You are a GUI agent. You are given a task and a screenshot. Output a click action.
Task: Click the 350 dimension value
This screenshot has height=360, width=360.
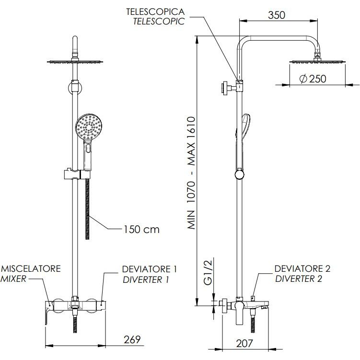(x=276, y=15)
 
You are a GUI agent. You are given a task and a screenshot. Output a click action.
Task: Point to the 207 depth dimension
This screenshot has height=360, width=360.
(x=245, y=343)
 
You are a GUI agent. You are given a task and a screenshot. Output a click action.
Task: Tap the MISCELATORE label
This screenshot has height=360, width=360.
(x=31, y=268)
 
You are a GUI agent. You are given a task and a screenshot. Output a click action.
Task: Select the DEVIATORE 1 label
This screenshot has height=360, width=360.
(x=149, y=268)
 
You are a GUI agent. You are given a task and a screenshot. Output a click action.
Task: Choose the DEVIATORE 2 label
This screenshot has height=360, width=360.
(x=302, y=268)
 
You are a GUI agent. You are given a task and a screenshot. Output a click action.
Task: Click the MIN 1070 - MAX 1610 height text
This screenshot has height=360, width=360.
(x=192, y=174)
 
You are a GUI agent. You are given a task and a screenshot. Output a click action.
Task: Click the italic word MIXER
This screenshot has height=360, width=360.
(x=13, y=279)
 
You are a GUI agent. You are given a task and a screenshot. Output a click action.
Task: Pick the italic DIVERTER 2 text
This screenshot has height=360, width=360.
(x=299, y=279)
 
